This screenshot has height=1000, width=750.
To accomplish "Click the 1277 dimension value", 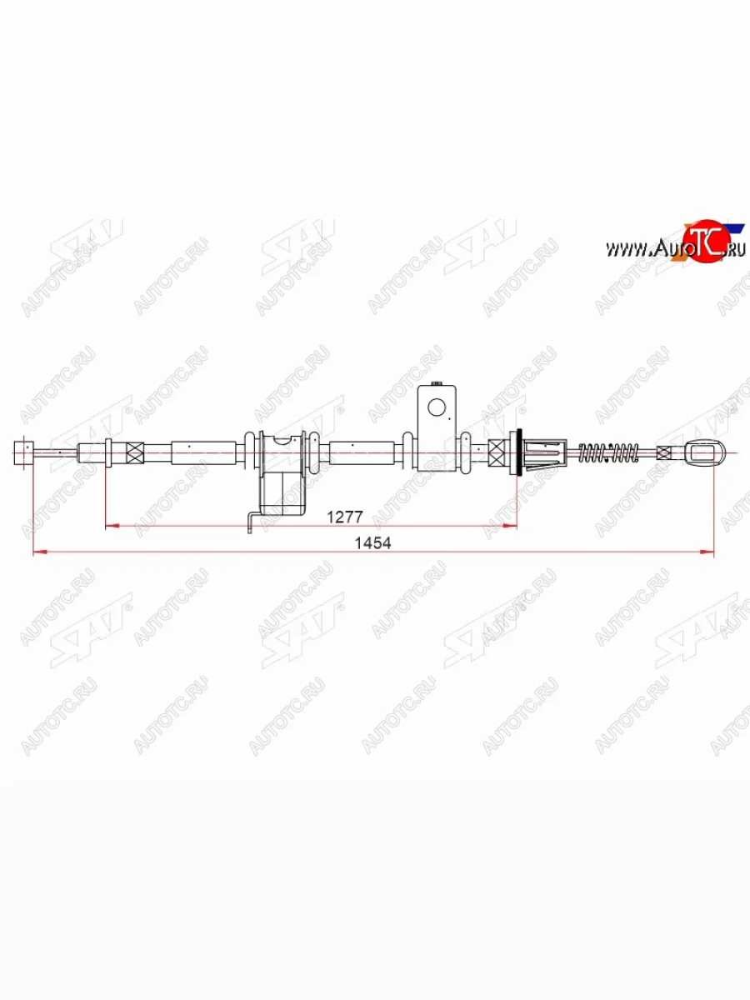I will pos(344,517).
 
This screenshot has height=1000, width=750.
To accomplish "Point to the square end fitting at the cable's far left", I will pos(24,452).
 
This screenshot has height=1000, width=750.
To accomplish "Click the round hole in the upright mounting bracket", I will pos(437,407).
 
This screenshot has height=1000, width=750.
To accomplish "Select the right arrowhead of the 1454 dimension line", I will pos(709,551).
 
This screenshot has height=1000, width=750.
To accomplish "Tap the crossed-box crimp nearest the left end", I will pos(134,452).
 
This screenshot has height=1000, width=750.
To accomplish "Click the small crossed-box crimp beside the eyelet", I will pos(663,452).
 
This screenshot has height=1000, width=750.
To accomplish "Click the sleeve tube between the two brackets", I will pos(360,452).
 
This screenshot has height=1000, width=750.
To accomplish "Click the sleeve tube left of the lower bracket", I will pos(203,452).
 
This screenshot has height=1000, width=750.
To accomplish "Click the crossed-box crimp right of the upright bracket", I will pos(497,452).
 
